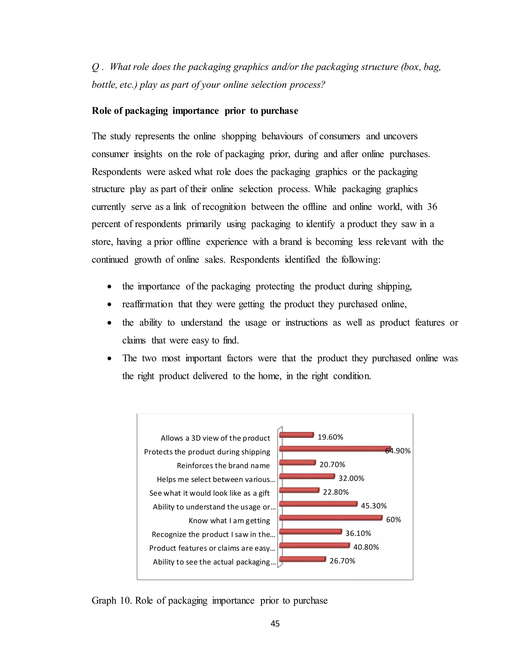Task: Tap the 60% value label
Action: pos(393,520)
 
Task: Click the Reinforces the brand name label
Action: pos(223,466)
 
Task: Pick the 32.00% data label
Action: pos(351,478)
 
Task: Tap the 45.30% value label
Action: pos(374,506)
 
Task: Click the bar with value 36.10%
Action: pos(310,531)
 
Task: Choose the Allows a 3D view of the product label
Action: pos(215,438)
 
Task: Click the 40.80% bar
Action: pos(314,545)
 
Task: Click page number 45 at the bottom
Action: pos(275,623)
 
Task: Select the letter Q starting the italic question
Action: pos(95,67)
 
